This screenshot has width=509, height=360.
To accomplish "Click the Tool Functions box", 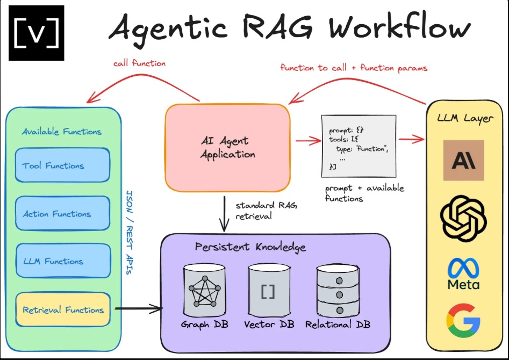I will (62, 166).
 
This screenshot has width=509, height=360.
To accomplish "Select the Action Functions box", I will (62, 214).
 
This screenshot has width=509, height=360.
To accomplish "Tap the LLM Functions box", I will (62, 261).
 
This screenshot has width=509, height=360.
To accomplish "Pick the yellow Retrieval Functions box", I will (62, 310).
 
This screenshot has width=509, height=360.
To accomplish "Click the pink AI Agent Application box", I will (227, 148).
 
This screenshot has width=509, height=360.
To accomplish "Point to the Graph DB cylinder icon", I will (202, 291).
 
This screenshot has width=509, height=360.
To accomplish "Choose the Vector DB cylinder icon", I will (267, 291).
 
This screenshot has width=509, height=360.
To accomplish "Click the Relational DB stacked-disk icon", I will (338, 291).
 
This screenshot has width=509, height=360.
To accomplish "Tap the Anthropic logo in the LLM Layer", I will (463, 160).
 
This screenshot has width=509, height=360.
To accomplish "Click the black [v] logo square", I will (36, 33).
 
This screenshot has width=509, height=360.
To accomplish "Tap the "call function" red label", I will (139, 63).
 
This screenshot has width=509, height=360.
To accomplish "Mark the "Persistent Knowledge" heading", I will (250, 248).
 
